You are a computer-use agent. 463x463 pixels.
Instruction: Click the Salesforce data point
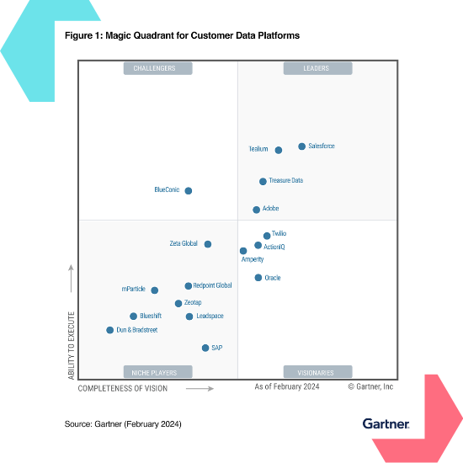click(302, 146)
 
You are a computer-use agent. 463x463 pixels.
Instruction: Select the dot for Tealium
click(279, 150)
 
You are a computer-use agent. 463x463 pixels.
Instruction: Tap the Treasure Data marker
click(263, 181)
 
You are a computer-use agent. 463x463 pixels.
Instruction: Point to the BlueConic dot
click(188, 191)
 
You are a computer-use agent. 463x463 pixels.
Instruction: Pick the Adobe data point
click(256, 210)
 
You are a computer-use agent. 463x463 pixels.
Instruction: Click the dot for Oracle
click(258, 278)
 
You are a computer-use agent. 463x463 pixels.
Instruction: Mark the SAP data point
click(205, 348)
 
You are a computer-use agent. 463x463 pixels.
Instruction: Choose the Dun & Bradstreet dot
click(109, 330)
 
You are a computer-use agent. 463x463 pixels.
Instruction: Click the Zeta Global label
click(184, 244)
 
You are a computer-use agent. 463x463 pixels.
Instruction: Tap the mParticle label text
click(134, 290)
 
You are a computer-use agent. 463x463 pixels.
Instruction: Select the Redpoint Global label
click(213, 285)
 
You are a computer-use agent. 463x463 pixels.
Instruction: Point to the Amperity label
click(253, 260)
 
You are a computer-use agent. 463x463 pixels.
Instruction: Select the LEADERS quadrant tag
click(317, 68)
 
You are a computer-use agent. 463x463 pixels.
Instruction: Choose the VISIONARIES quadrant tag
click(317, 372)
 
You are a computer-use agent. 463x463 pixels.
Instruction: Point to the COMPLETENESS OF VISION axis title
click(123, 389)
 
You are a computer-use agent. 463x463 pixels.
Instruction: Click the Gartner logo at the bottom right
click(386, 423)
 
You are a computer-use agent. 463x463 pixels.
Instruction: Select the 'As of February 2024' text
click(287, 387)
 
